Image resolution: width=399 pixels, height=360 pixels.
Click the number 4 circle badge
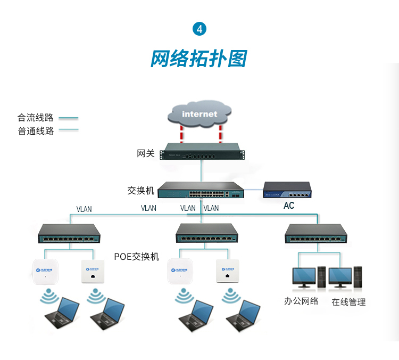tap(199, 29)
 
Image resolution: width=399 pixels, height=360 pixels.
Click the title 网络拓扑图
tap(199, 59)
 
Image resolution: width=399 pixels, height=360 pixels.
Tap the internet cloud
tap(199, 113)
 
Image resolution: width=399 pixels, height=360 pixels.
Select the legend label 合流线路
tap(36, 118)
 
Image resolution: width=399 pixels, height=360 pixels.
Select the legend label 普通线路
tap(36, 131)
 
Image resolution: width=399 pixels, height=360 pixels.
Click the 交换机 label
tap(141, 190)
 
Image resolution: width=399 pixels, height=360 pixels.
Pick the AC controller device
tap(288, 189)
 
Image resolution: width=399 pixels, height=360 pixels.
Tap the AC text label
tap(288, 206)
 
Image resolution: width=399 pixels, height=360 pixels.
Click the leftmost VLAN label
tap(84, 209)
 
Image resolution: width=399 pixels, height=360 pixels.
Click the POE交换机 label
tap(137, 257)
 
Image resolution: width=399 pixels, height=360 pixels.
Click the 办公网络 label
tap(301, 301)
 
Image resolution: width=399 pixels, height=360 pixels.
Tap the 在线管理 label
tap(349, 302)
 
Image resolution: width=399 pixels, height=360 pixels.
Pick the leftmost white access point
tap(45, 272)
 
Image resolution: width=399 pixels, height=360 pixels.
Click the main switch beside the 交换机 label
tap(202, 191)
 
